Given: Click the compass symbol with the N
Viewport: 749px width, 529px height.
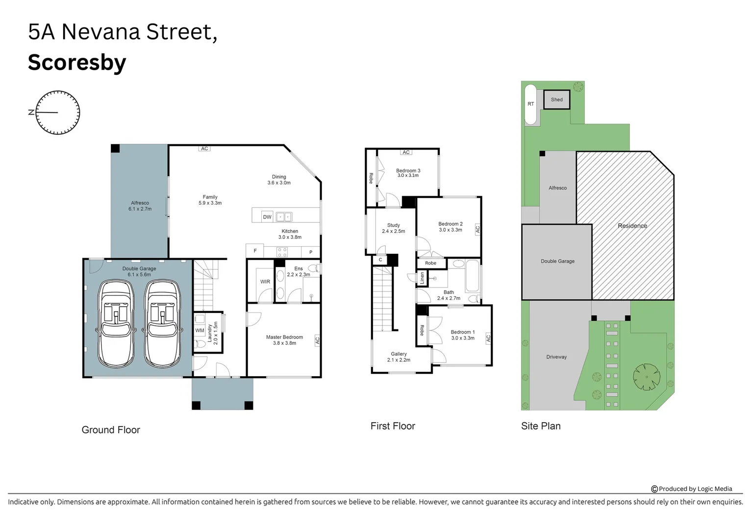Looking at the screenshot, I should tap(58, 113).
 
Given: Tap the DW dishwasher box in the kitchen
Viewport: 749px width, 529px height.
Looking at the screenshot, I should tap(267, 217).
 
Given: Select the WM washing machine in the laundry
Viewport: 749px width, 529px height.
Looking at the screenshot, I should tap(200, 331).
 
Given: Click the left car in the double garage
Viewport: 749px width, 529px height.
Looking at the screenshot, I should tap(116, 324).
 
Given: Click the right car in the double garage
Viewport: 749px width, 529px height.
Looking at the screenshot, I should tap(162, 324).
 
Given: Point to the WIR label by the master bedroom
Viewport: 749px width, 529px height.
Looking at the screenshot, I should tap(265, 282).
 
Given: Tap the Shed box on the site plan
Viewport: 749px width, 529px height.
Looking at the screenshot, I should tap(556, 100).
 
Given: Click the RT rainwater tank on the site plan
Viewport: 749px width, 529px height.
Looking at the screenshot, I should tap(530, 104).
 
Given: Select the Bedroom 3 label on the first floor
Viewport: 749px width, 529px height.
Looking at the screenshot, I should tap(408, 171).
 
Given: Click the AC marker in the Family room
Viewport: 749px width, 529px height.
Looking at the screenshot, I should tap(204, 148).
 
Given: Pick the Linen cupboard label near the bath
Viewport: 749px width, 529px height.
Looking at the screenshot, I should tap(422, 278).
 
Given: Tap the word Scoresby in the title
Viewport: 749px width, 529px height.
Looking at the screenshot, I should tap(77, 63).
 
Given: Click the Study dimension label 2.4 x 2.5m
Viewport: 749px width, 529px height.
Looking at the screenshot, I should tap(394, 231).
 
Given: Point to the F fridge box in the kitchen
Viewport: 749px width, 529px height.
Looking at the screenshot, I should tap(255, 251).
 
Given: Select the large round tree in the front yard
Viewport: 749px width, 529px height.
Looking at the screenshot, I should tap(647, 377).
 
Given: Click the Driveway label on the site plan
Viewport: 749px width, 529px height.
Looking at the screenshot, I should tap(556, 357).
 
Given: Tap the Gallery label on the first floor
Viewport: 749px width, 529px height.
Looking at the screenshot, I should tap(399, 354).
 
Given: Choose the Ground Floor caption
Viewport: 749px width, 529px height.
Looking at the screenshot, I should tap(111, 430).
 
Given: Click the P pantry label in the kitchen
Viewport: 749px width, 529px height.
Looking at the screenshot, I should tap(311, 252).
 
